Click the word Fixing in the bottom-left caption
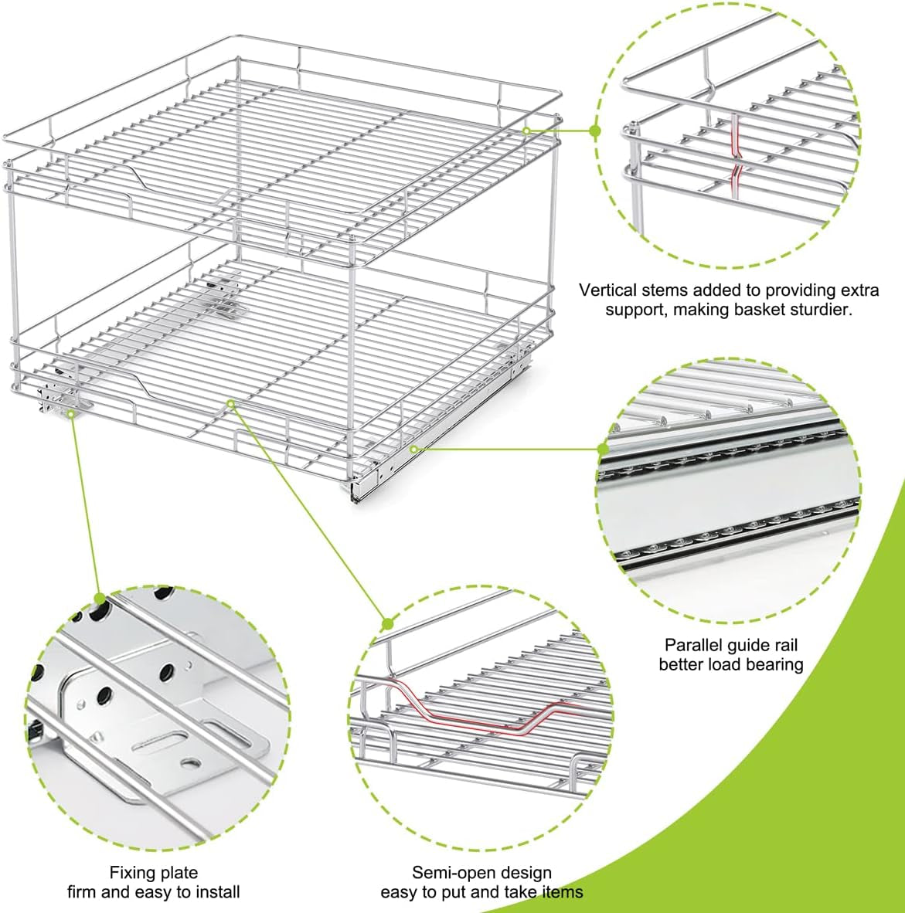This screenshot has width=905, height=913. click(x=131, y=873)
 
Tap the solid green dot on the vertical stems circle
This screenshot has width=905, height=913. click(x=595, y=131)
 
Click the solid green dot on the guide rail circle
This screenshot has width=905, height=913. click(x=603, y=449)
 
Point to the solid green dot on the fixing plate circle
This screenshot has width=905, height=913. click(x=100, y=599)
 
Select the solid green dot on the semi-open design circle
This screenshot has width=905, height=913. click(x=388, y=625)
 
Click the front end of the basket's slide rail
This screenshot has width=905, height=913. click(x=356, y=490)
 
